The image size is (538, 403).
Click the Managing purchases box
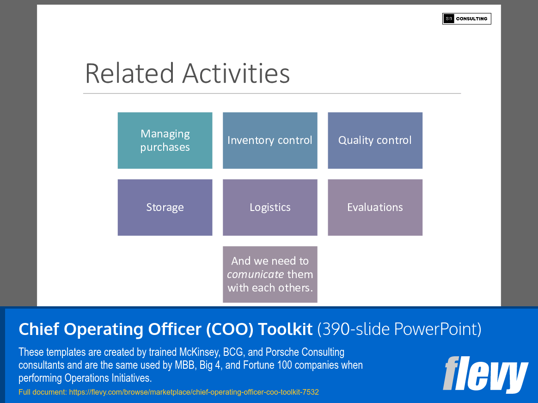165,140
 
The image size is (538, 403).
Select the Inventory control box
270,140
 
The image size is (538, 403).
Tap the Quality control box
375,140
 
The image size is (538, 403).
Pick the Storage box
165,207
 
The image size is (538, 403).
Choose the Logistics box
270,207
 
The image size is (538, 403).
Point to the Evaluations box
375,207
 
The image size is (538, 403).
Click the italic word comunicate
255,274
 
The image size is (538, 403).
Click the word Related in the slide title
130,74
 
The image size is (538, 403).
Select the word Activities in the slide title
236,74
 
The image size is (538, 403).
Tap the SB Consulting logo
466,19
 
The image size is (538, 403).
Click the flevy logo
485,374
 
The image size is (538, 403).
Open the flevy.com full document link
194,392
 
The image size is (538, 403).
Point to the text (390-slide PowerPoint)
399,329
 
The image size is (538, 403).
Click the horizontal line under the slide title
272,93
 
